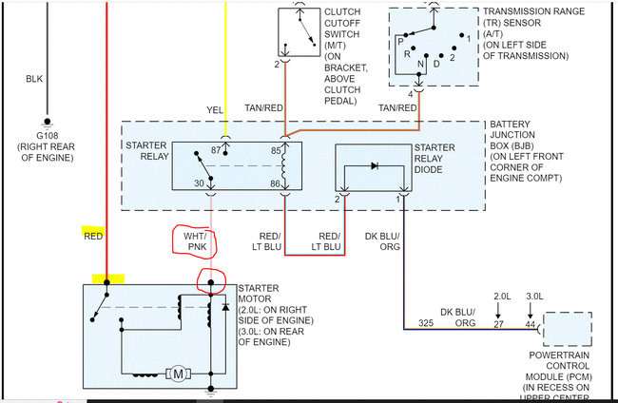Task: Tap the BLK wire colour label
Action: point(35,80)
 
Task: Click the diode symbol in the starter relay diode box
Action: point(373,165)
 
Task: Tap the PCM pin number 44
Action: point(530,324)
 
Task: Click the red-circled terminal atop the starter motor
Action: point(210,282)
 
